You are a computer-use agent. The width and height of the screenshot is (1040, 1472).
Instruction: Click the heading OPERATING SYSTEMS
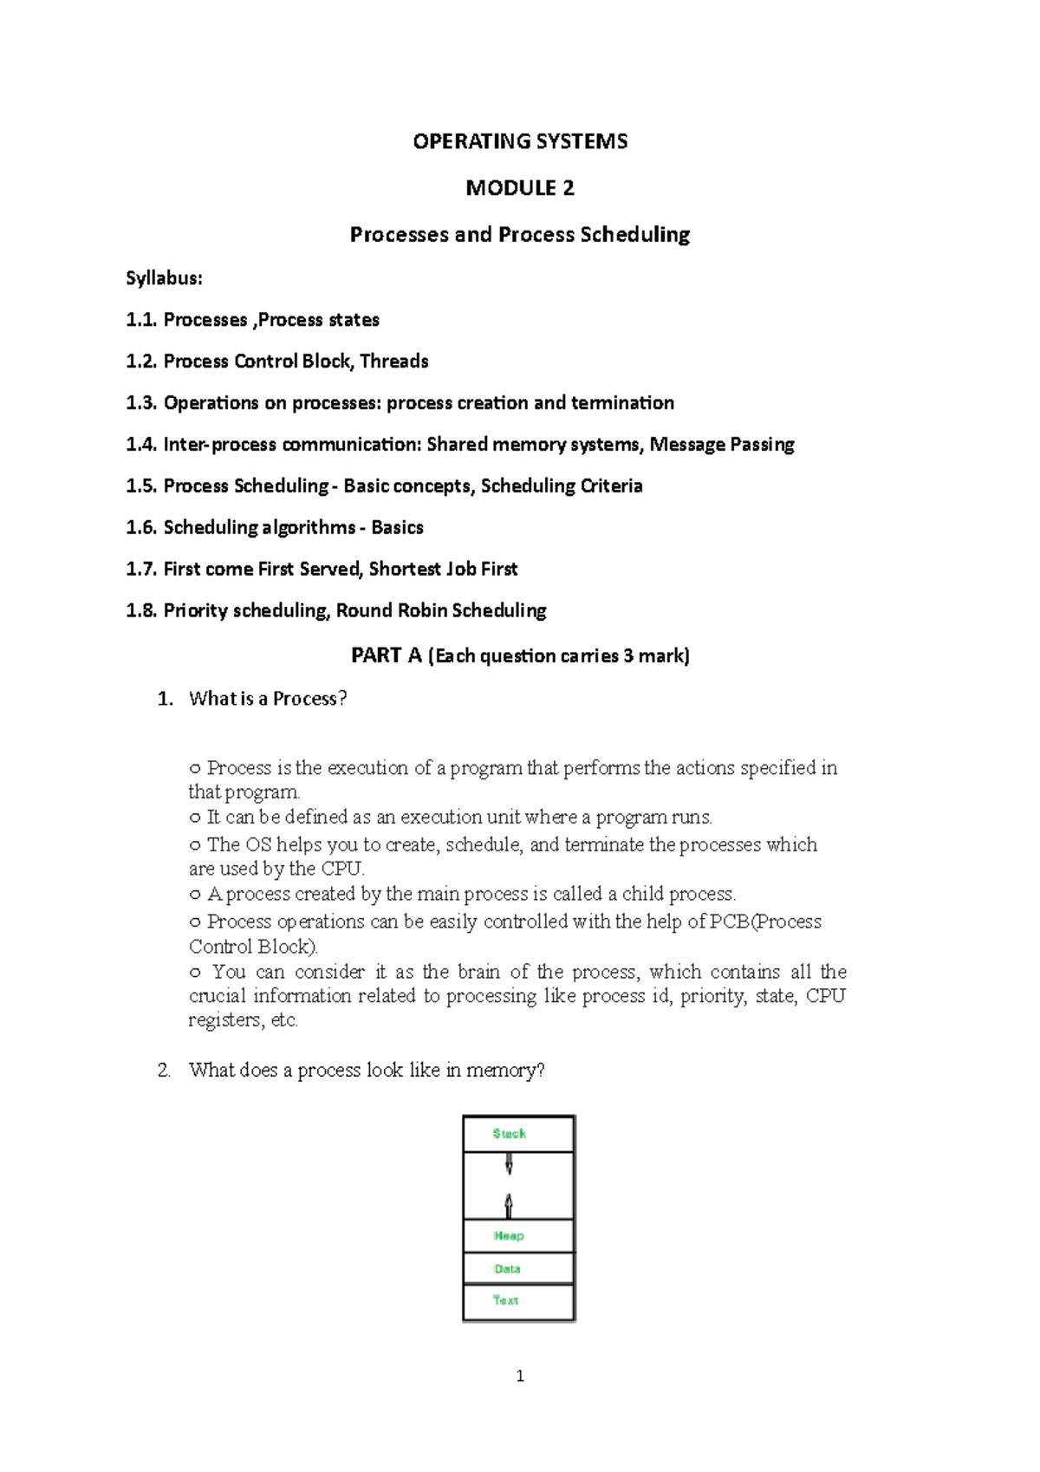point(520,141)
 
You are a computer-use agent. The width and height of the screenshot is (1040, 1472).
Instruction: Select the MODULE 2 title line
point(520,188)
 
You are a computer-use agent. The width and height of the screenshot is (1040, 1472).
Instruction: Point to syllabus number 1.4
point(142,445)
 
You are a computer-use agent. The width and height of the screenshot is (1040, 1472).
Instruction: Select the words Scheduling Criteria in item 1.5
point(562,486)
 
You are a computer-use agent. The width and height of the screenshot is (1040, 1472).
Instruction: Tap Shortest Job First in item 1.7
point(443,570)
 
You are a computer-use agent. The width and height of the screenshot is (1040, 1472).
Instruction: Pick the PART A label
point(387,656)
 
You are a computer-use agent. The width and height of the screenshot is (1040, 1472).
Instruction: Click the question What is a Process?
point(268,699)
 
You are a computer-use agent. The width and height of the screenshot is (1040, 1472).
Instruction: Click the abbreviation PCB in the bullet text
point(729,922)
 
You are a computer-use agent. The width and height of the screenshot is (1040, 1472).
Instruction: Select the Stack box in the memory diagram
point(518,1134)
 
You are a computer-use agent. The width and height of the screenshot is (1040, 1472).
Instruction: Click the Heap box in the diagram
point(518,1236)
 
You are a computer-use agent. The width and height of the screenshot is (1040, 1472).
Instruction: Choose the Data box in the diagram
point(518,1268)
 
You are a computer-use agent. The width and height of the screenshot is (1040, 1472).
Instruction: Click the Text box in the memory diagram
point(518,1300)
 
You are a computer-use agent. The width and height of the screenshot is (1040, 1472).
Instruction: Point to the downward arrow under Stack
point(509,1164)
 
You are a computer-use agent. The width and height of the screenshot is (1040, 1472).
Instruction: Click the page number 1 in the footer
point(520,1376)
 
